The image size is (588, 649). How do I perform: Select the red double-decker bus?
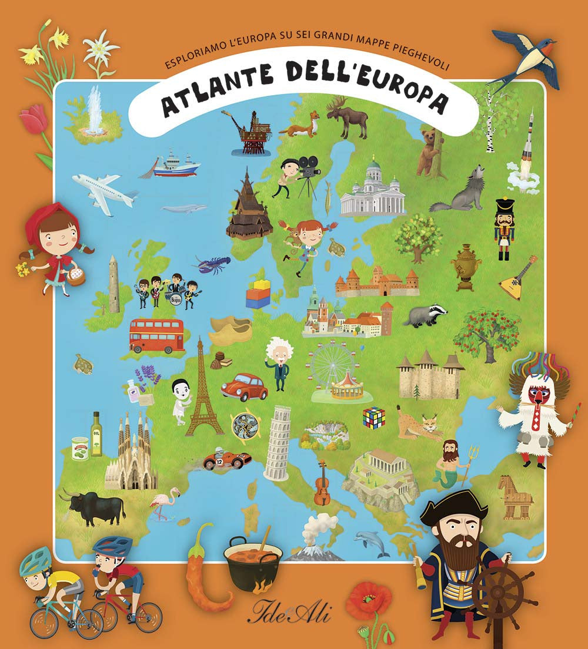tap(156, 335)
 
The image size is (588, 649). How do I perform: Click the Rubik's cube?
tap(373, 417)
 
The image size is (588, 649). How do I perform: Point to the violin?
tap(322, 483)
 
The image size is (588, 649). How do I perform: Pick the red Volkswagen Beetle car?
tap(244, 386)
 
